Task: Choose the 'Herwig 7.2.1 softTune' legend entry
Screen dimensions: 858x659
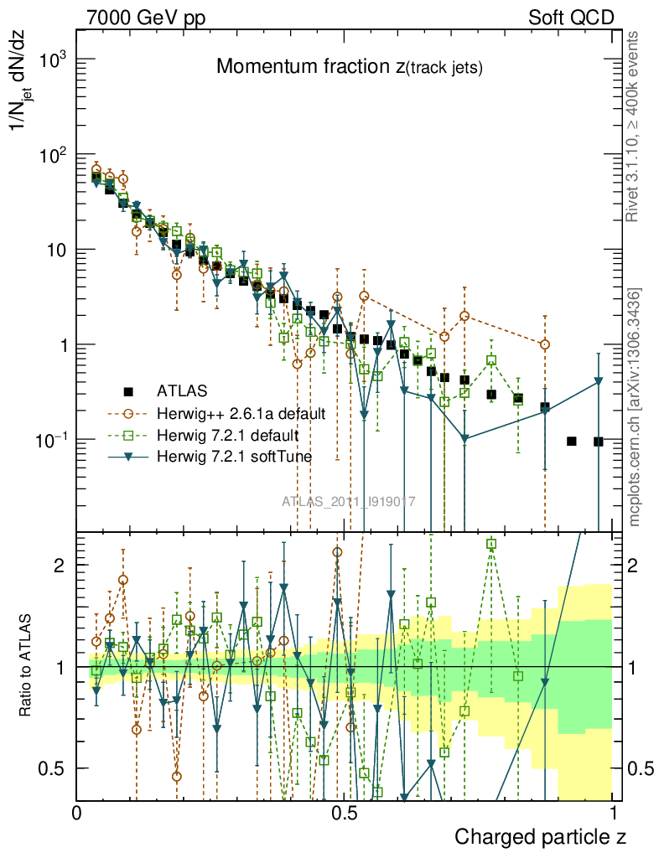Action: click(234, 457)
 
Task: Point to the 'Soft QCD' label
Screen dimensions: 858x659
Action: click(571, 18)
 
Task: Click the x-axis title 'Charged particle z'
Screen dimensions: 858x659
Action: click(540, 836)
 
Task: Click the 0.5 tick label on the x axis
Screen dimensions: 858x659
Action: click(345, 812)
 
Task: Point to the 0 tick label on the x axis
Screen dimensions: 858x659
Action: click(77, 812)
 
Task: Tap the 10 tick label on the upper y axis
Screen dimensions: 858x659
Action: click(55, 251)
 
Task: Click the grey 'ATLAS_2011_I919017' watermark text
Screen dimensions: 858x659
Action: click(349, 502)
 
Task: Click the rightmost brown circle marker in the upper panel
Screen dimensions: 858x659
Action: click(545, 344)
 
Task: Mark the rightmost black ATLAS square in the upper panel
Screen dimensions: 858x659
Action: click(599, 441)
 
